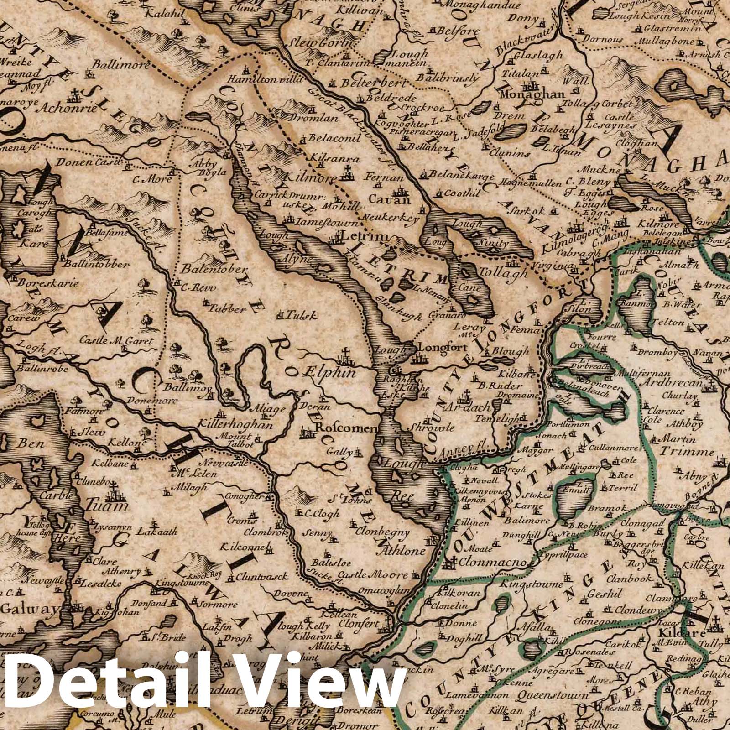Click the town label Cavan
point(389,199)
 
